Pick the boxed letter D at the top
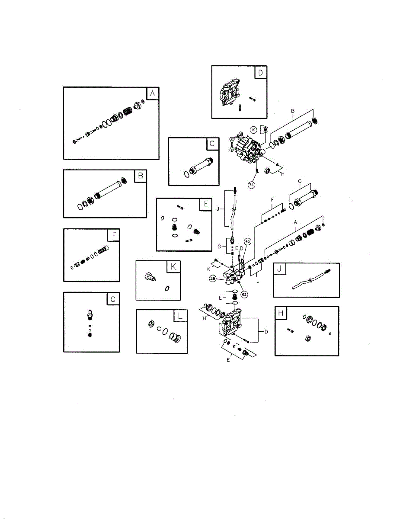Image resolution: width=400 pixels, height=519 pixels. coord(260,72)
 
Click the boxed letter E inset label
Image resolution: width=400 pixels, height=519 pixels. coord(206,204)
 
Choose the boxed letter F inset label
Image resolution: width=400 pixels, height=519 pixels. coord(114,235)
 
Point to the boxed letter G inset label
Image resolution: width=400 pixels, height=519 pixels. coord(113,299)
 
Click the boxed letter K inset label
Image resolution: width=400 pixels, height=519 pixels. coord(173,267)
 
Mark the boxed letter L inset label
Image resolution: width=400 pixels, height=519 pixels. coord(180,316)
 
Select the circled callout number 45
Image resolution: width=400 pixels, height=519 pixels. coord(247,241)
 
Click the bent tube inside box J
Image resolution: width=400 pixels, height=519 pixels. coord(306,280)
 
